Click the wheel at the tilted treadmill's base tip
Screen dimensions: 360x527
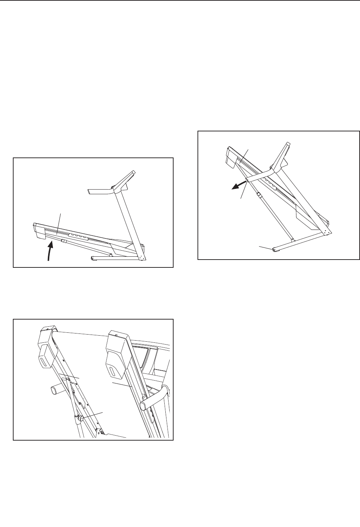[274, 250]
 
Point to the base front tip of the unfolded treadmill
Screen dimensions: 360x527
[92, 258]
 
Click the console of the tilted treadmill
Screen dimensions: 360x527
[286, 151]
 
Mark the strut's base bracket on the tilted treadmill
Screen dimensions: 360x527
[292, 240]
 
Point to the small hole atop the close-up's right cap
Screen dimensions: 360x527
[118, 336]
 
